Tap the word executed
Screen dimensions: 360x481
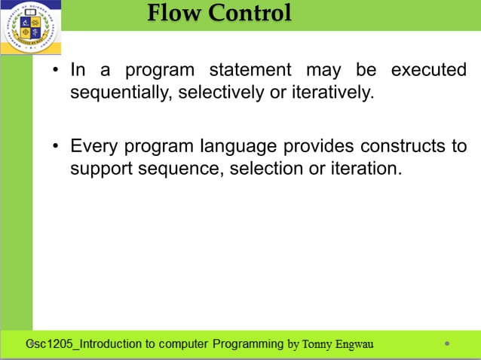(428, 71)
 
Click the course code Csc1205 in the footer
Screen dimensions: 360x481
(50, 344)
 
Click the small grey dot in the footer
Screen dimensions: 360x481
(447, 343)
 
